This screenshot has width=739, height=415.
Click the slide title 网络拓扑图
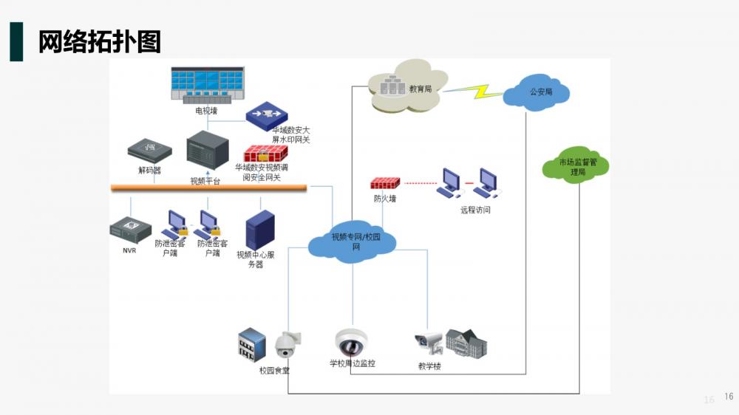tap(100, 41)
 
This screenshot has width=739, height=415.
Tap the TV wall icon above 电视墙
tap(208, 85)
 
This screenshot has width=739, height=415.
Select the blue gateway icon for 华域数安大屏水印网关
tap(267, 116)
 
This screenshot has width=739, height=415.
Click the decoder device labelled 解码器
tap(150, 151)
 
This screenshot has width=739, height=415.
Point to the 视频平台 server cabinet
tap(208, 150)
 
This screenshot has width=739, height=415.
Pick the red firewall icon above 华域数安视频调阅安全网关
tap(265, 154)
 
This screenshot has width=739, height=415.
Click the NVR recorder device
tap(131, 230)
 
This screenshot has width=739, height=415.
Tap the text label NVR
tap(129, 250)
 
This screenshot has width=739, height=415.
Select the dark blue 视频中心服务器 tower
tap(260, 230)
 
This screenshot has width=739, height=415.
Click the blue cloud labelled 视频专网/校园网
tap(352, 242)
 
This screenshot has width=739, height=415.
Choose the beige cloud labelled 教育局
tap(407, 86)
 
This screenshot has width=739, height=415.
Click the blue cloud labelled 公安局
tap(537, 92)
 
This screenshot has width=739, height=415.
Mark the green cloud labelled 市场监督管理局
tap(576, 165)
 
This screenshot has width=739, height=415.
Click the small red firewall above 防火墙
tap(385, 183)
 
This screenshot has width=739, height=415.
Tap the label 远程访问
tap(475, 210)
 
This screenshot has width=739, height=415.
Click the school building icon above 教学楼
tap(466, 343)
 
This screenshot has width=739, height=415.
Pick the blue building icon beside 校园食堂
tap(252, 345)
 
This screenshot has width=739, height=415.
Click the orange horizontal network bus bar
tap(209, 188)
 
